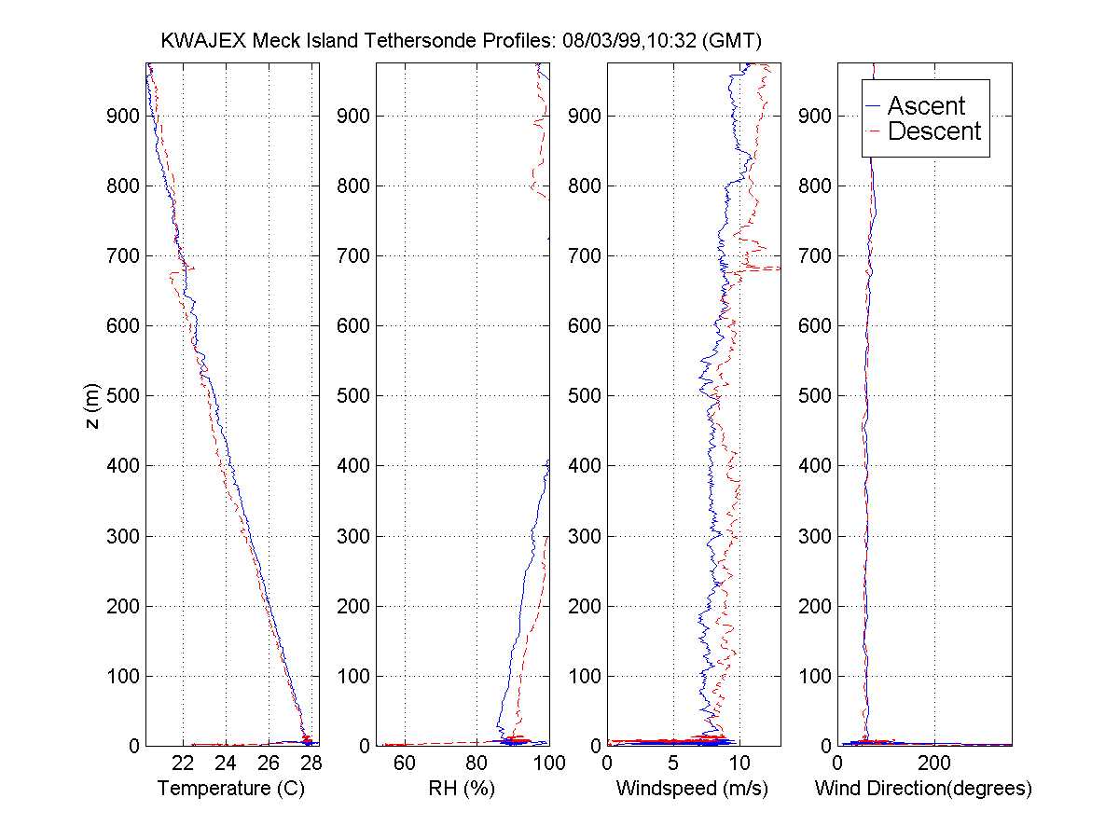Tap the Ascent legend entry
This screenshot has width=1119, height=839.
tap(926, 106)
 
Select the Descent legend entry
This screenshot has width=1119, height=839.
tap(934, 131)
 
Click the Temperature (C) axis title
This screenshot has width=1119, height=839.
tap(231, 789)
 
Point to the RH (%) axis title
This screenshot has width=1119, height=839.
tap(463, 789)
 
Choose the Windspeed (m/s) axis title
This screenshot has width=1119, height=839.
tap(692, 789)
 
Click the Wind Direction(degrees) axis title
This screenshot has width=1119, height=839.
tap(923, 789)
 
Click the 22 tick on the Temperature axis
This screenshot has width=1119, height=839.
tap(184, 763)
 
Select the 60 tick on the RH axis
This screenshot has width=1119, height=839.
tap(405, 763)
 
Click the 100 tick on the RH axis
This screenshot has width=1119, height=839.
tap(548, 763)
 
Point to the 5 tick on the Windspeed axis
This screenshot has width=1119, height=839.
tap(673, 763)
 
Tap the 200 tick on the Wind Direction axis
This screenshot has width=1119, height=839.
tap(934, 763)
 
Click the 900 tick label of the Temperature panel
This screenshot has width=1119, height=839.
tap(123, 116)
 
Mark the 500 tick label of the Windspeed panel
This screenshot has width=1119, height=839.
tap(584, 395)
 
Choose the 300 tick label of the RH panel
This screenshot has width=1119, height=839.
tap(353, 536)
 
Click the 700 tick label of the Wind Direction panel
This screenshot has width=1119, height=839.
tap(815, 255)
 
